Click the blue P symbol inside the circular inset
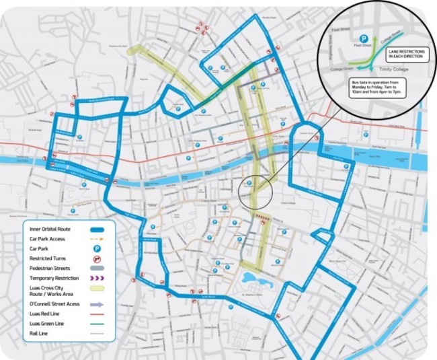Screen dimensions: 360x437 [364, 39]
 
